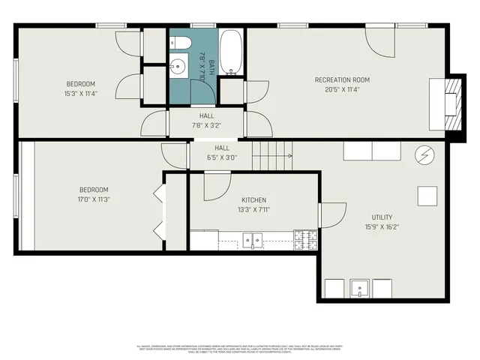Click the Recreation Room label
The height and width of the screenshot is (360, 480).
pos(341,80)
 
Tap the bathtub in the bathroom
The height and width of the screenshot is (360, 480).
pos(231,52)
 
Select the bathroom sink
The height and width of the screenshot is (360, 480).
pos(178,67)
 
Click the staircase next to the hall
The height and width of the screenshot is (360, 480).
pos(271,157)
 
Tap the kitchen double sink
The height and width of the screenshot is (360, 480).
pos(252,240)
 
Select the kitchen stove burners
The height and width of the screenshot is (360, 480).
pos(305,239)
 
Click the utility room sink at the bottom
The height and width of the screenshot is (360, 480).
pos(360,289)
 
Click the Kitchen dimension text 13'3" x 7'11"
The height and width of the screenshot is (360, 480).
pos(253,209)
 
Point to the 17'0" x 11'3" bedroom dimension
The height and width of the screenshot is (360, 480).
pos(94,199)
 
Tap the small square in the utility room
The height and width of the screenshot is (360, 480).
pos(427,196)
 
